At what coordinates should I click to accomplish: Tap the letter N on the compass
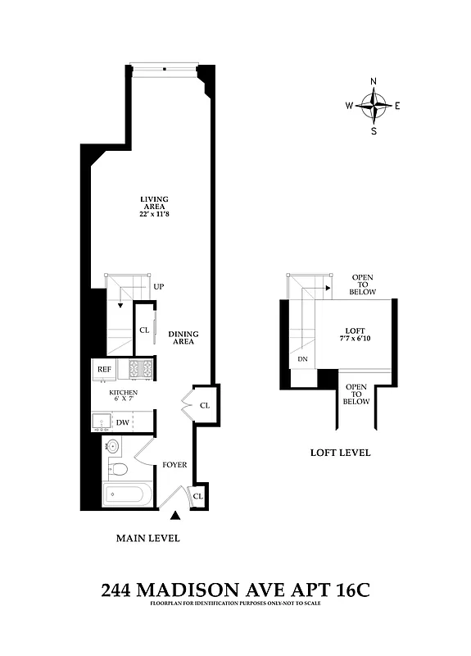pos(374,82)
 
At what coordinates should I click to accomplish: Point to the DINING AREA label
pos(183,337)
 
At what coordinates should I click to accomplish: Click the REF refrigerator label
pos(104,370)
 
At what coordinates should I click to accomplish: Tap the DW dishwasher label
pos(122,422)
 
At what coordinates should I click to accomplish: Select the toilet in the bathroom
pos(120,470)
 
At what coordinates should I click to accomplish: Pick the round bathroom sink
pos(113,447)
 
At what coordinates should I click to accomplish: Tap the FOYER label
pos(174,465)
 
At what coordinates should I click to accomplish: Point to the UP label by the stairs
pos(159,287)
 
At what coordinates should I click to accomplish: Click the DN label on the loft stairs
pos(301,358)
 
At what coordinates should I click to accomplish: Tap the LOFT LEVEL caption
pos(340,453)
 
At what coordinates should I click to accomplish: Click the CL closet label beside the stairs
pos(144,330)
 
